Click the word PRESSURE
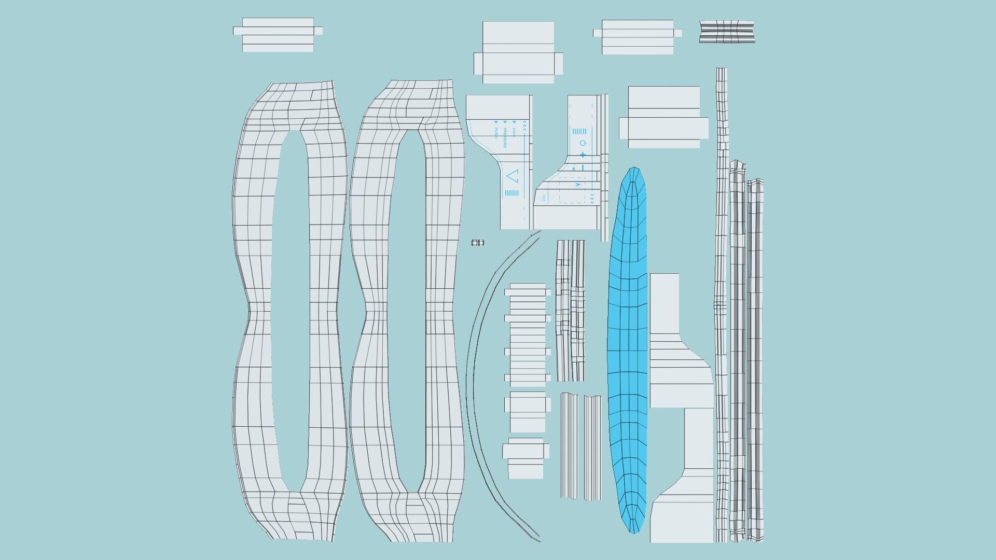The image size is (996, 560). tap(504, 138)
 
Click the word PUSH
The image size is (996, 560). tap(495, 133)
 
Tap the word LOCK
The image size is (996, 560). tap(514, 132)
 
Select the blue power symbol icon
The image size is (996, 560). tap(583, 143)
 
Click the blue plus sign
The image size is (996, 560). tap(583, 155)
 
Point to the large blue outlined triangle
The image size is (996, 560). tap(512, 176)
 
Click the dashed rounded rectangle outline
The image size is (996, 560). tap(572, 190)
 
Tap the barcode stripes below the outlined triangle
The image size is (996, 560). tap(511, 193)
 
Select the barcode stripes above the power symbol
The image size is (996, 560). tap(579, 131)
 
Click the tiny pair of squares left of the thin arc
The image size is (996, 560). tap(478, 243)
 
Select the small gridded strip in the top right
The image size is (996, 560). tap(727, 32)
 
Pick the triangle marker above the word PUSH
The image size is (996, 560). tap(495, 122)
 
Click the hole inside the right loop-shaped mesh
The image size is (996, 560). tap(407, 311)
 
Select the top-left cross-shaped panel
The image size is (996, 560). tap(278, 35)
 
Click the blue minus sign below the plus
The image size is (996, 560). tap(583, 167)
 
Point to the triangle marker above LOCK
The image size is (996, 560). tap(514, 122)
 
